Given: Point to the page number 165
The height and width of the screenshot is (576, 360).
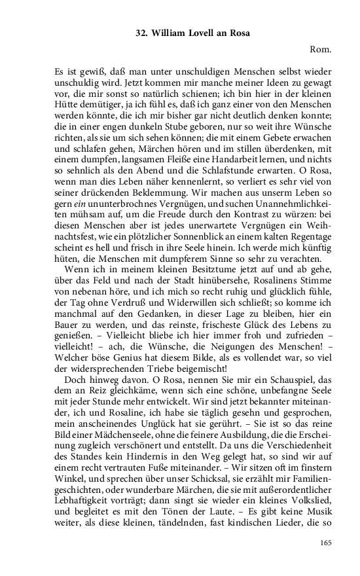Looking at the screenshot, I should pyautogui.click(x=327, y=543).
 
